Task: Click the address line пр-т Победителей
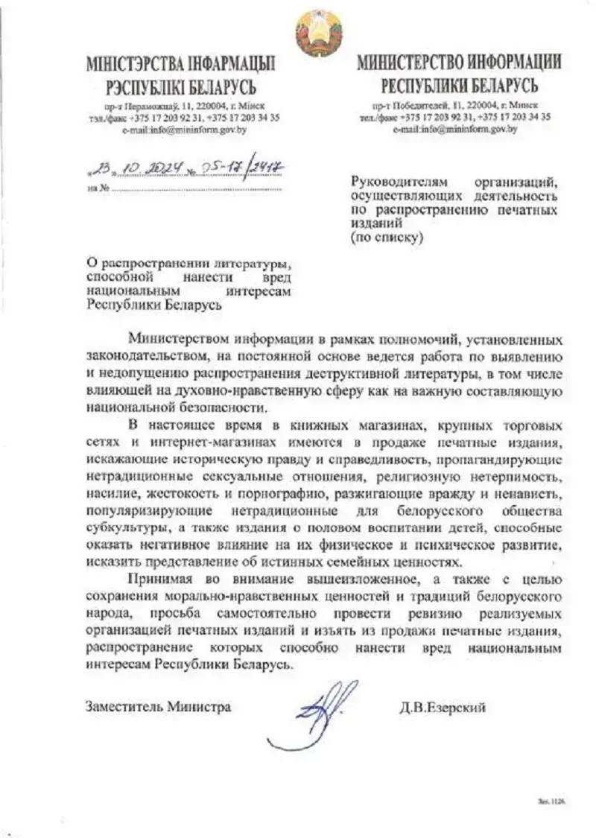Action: pos(454,106)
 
